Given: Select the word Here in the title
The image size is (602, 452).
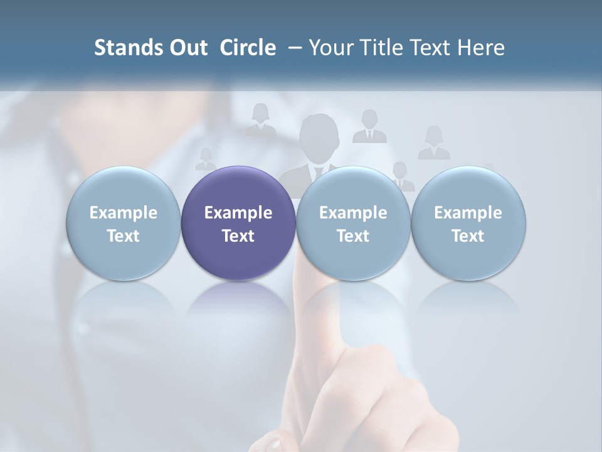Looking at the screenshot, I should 481,48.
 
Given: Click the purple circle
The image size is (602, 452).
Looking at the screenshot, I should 238,223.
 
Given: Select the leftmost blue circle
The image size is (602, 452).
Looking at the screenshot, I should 123,223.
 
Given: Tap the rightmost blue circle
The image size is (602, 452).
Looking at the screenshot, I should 468,223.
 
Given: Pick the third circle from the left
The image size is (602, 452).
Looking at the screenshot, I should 353,223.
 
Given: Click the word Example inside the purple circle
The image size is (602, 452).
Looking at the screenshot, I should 238,213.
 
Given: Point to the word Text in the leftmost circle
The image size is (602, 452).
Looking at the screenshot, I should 123,236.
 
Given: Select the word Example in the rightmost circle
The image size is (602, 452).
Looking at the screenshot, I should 468,213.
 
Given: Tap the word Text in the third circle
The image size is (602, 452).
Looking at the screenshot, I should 353,236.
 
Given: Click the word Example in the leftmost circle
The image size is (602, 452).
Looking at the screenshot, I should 123,213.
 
